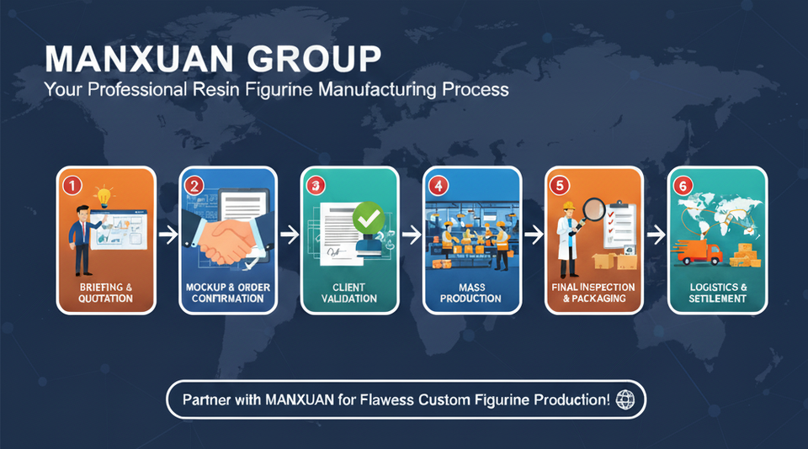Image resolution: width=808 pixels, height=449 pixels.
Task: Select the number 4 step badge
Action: tap(438, 184)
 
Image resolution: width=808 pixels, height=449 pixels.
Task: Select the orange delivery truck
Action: tap(699, 251)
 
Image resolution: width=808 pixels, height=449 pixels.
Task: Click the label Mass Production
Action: tap(472, 293)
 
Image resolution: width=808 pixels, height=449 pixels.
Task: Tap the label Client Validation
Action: tap(349, 293)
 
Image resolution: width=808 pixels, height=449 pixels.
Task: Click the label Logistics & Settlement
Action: tap(716, 293)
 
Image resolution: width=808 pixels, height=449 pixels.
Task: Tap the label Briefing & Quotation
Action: tap(105, 293)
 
